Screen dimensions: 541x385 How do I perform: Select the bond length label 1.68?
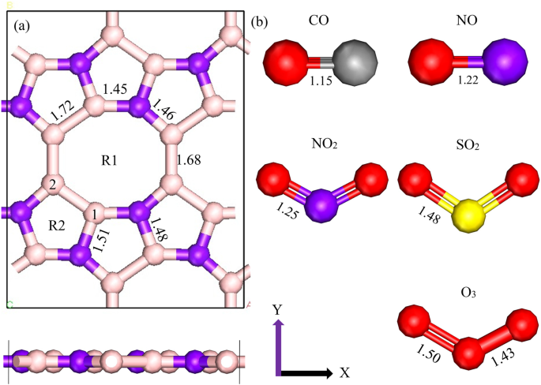[190, 160]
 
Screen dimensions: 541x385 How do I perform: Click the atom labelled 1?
[94, 214]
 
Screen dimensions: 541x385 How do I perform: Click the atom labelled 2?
[53, 185]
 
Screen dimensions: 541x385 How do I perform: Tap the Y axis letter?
[277, 310]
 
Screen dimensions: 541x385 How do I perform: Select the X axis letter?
[344, 372]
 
